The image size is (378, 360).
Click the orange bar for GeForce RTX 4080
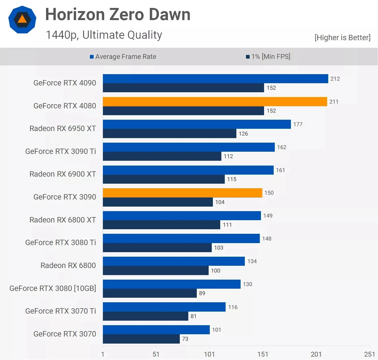pyautogui.click(x=215, y=102)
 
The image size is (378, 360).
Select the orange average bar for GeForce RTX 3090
pyautogui.click(x=182, y=193)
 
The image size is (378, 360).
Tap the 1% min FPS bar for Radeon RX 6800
pyautogui.click(x=155, y=270)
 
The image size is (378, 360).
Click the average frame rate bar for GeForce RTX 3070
pyautogui.click(x=156, y=330)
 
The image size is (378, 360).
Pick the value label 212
pyautogui.click(x=335, y=79)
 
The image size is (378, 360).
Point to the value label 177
pyautogui.click(x=298, y=124)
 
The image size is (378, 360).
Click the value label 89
pyautogui.click(x=202, y=293)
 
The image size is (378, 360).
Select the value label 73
pyautogui.click(x=185, y=339)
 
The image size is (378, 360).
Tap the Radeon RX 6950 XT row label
pyautogui.click(x=62, y=128)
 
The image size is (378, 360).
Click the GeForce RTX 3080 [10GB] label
pyautogui.click(x=53, y=288)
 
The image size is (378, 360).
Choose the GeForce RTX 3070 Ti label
pyautogui.click(x=61, y=311)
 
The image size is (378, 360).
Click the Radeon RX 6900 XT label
pyautogui.click(x=62, y=174)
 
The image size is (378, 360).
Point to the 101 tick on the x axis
pyautogui.click(x=209, y=354)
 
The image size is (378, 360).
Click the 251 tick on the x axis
pyautogui.click(x=369, y=354)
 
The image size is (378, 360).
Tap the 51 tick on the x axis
pyautogui.click(x=156, y=354)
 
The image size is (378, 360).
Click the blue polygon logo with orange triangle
pyautogui.click(x=22, y=20)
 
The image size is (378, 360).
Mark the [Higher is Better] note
pyautogui.click(x=342, y=38)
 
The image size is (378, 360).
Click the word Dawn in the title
pyautogui.click(x=170, y=14)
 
